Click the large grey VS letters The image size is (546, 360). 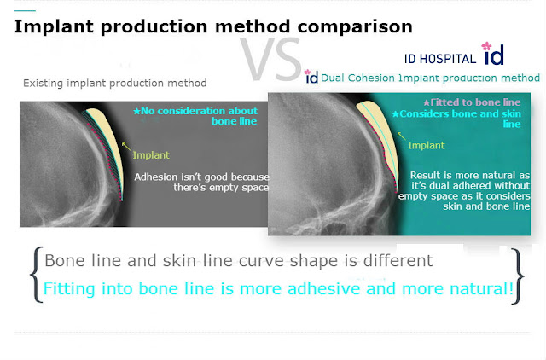[271, 59]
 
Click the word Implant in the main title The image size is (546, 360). [54, 26]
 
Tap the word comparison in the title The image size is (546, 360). [355, 26]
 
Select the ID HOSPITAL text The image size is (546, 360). [440, 59]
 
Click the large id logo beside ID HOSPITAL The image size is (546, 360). [493, 54]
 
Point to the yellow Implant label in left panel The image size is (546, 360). [151, 155]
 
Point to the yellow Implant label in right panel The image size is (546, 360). [427, 146]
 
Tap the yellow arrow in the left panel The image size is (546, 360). [126, 146]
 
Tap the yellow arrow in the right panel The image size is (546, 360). [402, 136]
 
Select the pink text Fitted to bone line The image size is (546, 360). [472, 102]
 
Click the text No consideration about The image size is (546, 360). [195, 111]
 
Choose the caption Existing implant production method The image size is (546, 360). [115, 84]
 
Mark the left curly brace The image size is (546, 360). [35, 275]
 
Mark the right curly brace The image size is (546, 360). [518, 276]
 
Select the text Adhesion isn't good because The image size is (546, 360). [201, 177]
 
